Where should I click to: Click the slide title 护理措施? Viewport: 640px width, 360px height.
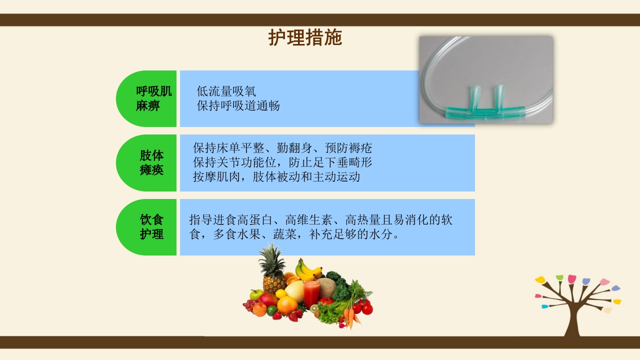tap(305, 38)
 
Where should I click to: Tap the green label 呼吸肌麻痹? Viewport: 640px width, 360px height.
tap(153, 98)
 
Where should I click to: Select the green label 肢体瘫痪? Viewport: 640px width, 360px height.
tap(151, 162)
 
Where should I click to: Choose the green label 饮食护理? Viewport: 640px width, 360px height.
tap(151, 226)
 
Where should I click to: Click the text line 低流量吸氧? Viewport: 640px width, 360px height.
tap(226, 91)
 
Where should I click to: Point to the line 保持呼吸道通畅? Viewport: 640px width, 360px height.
tap(238, 105)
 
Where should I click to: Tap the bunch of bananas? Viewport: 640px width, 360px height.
tap(307, 270)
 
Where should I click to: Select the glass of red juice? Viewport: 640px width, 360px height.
tap(311, 292)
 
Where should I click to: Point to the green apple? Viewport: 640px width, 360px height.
tap(256, 294)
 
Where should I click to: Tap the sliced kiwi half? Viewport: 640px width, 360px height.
tap(314, 308)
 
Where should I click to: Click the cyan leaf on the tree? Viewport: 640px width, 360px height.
tap(544, 306)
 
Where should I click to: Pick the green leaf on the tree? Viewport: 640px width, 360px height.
tap(559, 277)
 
